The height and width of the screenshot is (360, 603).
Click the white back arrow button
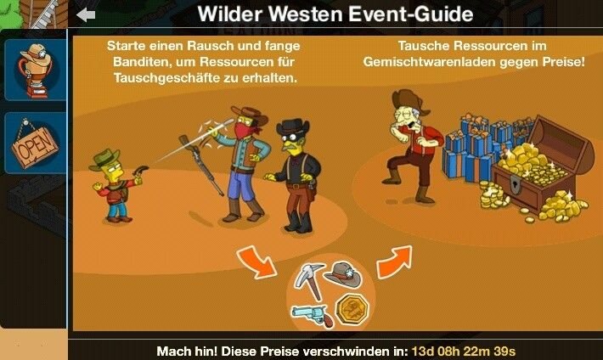point(86,15)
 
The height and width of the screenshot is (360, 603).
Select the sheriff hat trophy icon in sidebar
point(36,70)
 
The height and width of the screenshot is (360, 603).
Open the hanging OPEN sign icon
point(35,143)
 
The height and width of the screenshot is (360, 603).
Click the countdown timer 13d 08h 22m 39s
point(464,352)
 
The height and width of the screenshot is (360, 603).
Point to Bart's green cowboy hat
point(104,160)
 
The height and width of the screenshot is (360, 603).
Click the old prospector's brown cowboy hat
point(410,101)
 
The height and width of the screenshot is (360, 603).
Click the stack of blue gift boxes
point(480,146)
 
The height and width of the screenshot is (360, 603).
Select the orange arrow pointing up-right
point(395,262)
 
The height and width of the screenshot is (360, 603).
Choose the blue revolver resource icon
point(313,315)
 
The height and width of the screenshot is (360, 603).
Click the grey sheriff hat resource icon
point(342,273)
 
